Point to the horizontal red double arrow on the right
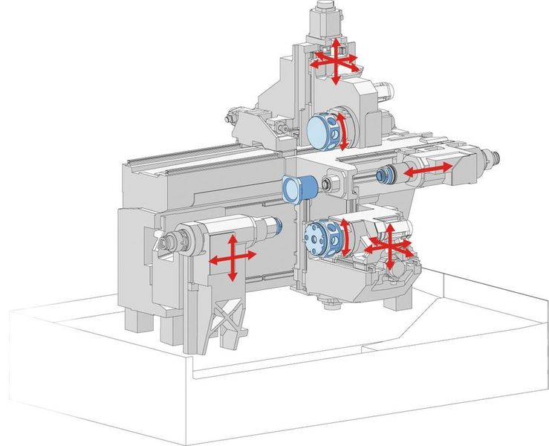[426, 170]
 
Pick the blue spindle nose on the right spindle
[385, 175]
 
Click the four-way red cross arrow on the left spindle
[232, 256]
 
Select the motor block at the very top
[324, 19]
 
